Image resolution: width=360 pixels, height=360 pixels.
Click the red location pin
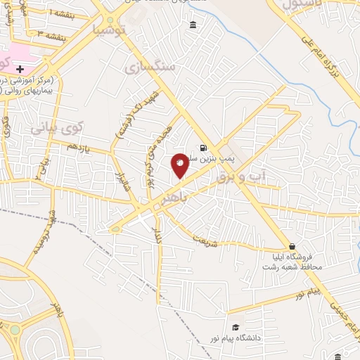(x=180, y=164)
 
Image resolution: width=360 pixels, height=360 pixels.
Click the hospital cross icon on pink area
(x=20, y=70)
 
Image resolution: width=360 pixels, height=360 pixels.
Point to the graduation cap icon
(x=236, y=327)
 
